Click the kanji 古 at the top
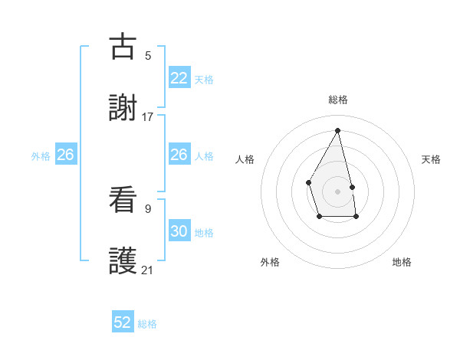coord(123,47)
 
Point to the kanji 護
coord(123,261)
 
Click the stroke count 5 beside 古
coord(148,55)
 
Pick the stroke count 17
coord(148,116)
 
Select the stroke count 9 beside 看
coord(148,208)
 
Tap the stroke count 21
coord(148,270)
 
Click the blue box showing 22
coord(179,78)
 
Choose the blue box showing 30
coord(179,231)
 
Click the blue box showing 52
coord(123,322)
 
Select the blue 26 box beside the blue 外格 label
coord(65,155)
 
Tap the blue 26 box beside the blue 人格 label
coord(179,155)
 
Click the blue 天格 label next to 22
coord(204,80)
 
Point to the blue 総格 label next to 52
coord(147,324)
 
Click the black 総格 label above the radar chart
coord(337,100)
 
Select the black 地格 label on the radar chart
coord(402,262)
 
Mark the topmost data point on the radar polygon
coord(337,130)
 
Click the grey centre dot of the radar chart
coord(337,191)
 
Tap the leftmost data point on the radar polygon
coord(308,182)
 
